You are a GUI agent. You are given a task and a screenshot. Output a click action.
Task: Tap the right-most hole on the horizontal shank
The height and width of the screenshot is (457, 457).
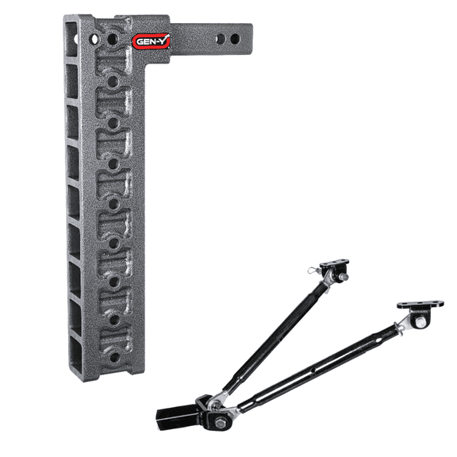(x=235, y=39)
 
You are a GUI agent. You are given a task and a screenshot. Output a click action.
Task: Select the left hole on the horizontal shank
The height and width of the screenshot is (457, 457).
(x=220, y=38)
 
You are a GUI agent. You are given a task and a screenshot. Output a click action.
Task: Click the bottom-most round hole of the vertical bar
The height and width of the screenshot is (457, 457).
(x=114, y=357)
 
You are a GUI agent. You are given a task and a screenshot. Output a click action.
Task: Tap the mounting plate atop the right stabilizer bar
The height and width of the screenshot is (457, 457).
(x=421, y=305)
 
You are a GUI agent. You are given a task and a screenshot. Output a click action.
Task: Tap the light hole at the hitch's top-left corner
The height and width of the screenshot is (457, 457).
(x=94, y=37)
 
